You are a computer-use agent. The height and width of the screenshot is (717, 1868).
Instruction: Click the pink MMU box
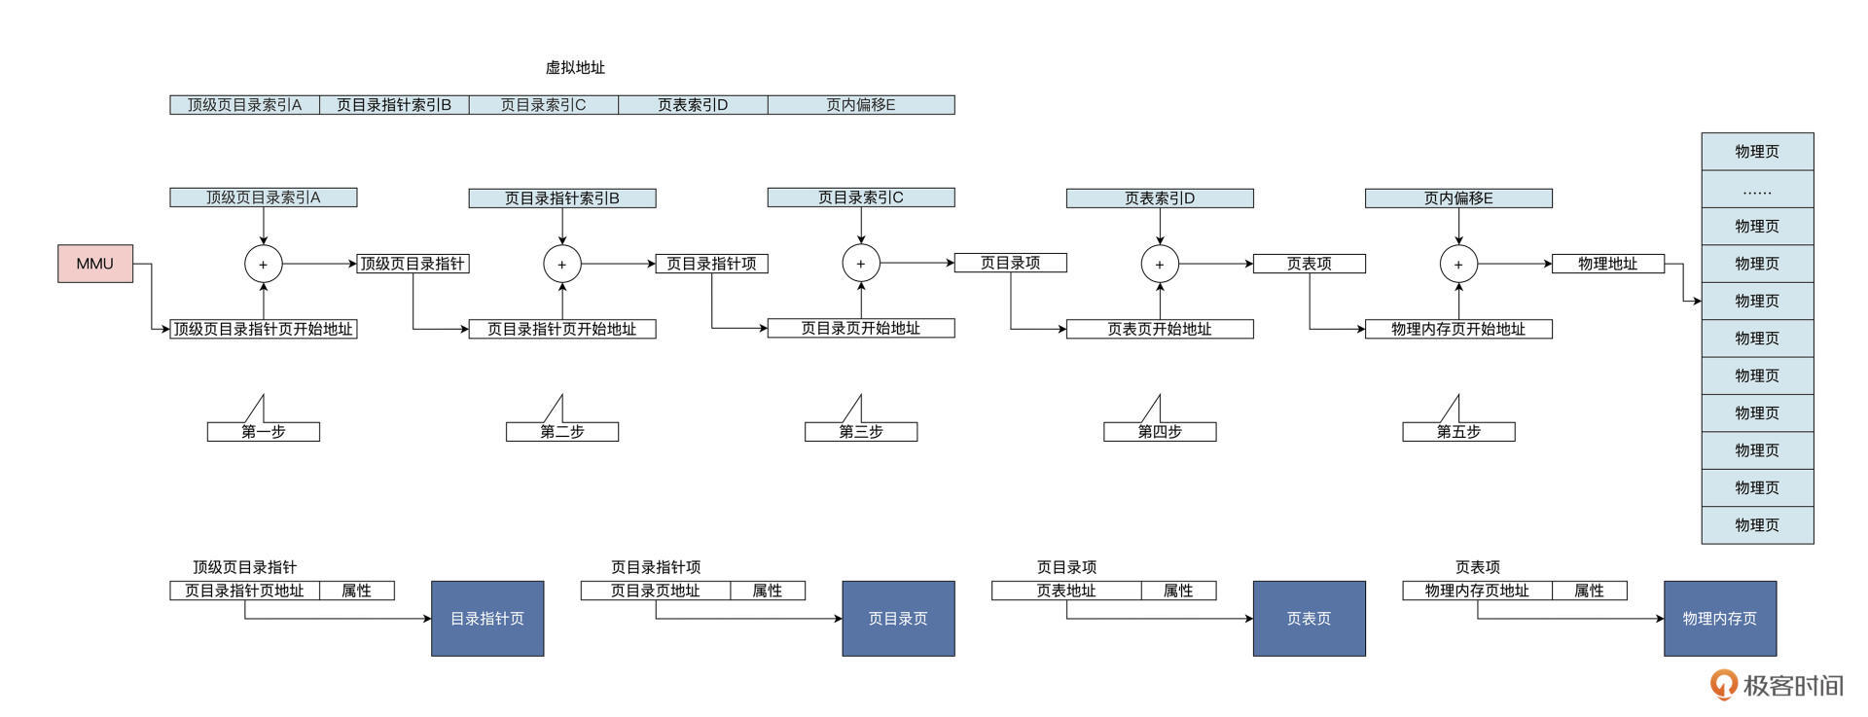point(95,264)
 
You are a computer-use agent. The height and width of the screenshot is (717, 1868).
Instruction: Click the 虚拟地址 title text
point(575,67)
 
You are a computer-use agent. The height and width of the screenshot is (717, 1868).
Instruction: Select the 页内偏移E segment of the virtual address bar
point(861,105)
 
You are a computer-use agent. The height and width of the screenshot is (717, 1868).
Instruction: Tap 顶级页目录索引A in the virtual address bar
point(244,105)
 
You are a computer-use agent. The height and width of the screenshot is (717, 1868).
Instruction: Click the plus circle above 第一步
point(263,264)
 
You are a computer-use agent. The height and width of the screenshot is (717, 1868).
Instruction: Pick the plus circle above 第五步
point(1457,264)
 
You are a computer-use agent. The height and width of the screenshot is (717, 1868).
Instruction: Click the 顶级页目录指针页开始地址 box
point(263,329)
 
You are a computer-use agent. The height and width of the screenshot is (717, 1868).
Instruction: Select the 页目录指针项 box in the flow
point(711,264)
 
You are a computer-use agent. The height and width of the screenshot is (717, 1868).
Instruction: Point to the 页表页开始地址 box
point(1160,329)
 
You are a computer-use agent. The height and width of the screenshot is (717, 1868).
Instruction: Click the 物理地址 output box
point(1607,264)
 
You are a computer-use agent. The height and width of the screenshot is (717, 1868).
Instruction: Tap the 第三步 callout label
point(861,431)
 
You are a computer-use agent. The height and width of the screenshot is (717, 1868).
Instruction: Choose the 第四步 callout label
point(1160,431)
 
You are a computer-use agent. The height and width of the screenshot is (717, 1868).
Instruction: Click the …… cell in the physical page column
point(1757,190)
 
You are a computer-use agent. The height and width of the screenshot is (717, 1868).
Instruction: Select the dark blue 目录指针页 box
point(487,619)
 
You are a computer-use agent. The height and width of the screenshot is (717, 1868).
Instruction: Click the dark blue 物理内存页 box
point(1719,619)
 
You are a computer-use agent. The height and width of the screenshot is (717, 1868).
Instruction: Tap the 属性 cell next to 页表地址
point(1178,591)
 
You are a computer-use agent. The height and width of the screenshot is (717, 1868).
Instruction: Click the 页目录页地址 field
point(655,591)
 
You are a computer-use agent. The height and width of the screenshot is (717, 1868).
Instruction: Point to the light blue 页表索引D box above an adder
point(1160,198)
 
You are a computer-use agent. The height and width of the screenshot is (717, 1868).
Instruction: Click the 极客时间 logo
point(1777,685)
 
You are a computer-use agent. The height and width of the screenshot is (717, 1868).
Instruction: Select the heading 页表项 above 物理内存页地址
point(1477,567)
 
